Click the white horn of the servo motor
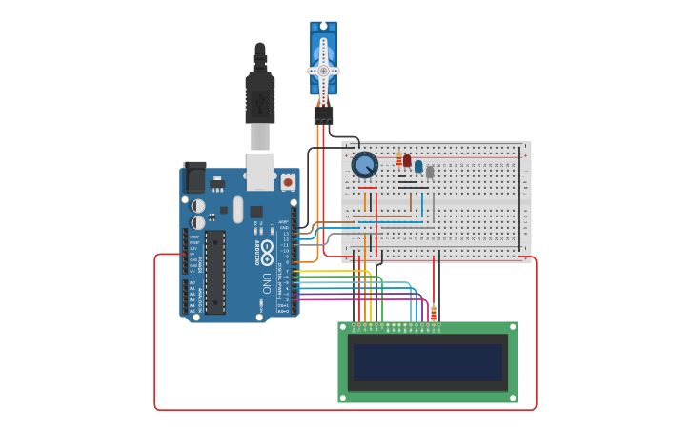click(323, 70)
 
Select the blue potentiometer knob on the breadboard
click(364, 165)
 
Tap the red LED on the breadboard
click(407, 160)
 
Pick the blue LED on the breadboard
click(418, 166)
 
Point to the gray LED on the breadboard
click(430, 172)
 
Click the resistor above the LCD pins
click(434, 313)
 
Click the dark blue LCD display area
click(427, 362)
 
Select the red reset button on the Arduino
click(288, 181)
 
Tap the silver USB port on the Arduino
click(260, 170)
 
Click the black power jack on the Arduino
click(193, 176)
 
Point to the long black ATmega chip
click(215, 272)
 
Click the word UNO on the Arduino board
click(267, 283)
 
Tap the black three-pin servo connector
click(323, 114)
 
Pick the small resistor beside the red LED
click(399, 159)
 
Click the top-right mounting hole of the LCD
click(512, 328)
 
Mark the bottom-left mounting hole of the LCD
click(344, 397)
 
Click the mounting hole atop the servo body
click(323, 28)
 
